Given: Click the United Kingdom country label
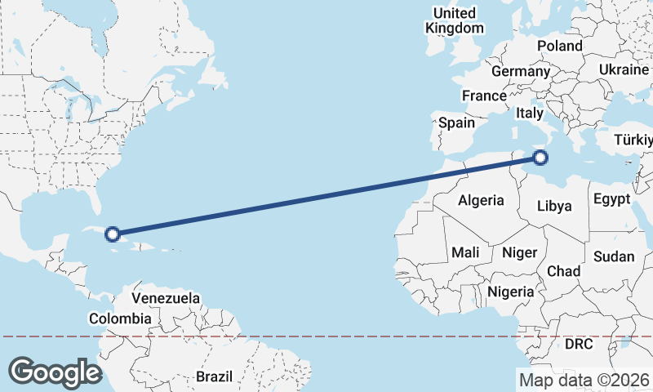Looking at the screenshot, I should pyautogui.click(x=455, y=20).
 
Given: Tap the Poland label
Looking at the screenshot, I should pyautogui.click(x=560, y=47).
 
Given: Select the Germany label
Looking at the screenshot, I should pyautogui.click(x=521, y=72).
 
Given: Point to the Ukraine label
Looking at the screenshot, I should pyautogui.click(x=624, y=70).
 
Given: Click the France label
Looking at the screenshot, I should pyautogui.click(x=484, y=96).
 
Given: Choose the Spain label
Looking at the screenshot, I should pyautogui.click(x=456, y=122).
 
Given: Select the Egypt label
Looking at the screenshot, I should pyautogui.click(x=611, y=199).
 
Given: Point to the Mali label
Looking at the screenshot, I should pyautogui.click(x=465, y=252).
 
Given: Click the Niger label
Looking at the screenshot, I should pyautogui.click(x=519, y=252).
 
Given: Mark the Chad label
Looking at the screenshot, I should pyautogui.click(x=563, y=271).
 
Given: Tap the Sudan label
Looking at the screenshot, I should pyautogui.click(x=614, y=256).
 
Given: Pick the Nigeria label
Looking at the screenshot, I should pyautogui.click(x=510, y=292).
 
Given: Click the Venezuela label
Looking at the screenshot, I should pyautogui.click(x=166, y=299).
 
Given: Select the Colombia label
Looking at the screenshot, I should pyautogui.click(x=120, y=318).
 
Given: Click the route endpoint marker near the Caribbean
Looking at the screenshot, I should pyautogui.click(x=113, y=234).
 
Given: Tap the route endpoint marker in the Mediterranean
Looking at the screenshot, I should pyautogui.click(x=540, y=158).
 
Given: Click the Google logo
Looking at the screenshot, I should pyautogui.click(x=55, y=372).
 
